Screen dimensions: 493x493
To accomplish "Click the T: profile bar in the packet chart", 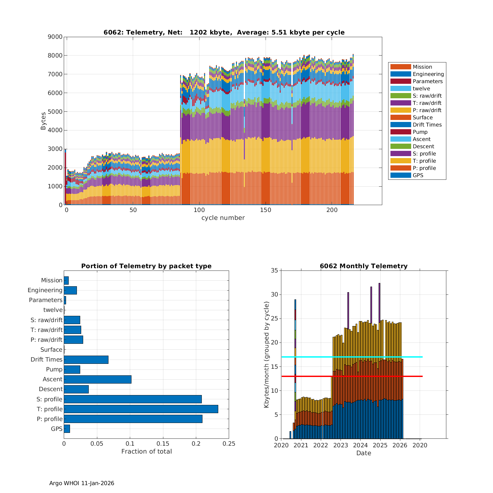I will coord(141,409).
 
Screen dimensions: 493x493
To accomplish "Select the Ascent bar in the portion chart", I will coord(98,379).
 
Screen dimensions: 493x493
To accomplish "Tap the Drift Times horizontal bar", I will coord(86,360).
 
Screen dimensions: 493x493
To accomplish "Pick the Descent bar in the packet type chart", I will coord(76,389).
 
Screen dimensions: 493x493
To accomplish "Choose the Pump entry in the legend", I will coord(420,132).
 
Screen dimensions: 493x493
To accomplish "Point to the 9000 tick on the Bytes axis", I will coord(55,37).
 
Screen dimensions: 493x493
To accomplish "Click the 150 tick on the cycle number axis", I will coord(266,210).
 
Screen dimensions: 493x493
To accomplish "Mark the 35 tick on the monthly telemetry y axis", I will coord(274,270).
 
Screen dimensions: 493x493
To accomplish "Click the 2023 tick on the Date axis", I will coord(340,445).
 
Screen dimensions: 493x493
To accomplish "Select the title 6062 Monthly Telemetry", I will coord(364,266).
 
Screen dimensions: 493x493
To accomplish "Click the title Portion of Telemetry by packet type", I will coord(146,266).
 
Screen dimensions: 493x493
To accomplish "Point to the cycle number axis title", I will coord(223,218).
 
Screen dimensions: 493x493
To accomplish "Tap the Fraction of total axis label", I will coord(146,452).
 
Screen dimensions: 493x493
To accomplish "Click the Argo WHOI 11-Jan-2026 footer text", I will coord(82,483).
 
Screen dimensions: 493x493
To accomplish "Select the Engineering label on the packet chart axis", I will coord(45,290).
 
